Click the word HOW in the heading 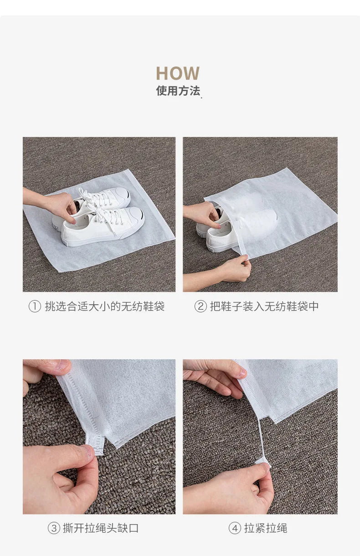point(178,73)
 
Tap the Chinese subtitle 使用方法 point(178,91)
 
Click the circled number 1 point(35,306)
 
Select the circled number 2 point(201,306)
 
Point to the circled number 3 point(54,528)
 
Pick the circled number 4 point(235,528)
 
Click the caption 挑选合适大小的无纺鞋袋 point(104,306)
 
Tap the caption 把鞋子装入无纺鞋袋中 point(264,306)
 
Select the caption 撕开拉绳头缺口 point(101,528)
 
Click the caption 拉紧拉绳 point(266,528)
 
